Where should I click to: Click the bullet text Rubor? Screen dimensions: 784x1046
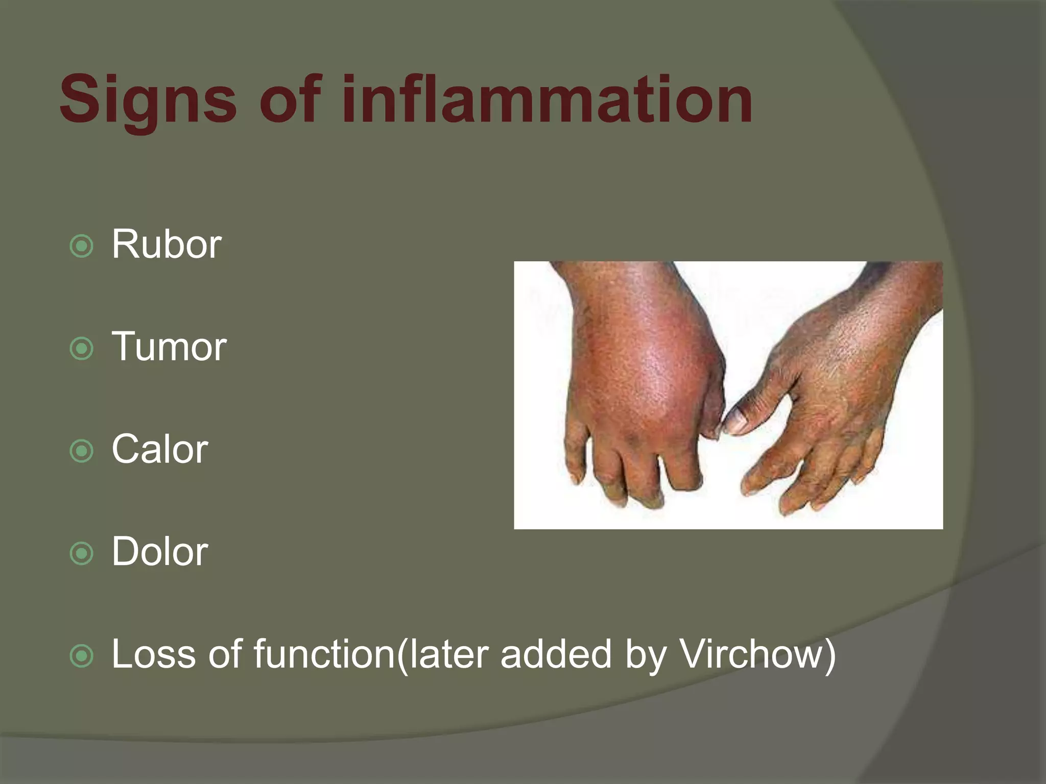(x=167, y=244)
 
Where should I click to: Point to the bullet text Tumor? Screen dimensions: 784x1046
(x=169, y=347)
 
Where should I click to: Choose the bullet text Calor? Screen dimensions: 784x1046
(x=160, y=450)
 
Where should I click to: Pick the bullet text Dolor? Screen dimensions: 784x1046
(x=160, y=552)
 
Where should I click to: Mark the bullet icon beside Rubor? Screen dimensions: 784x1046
(x=82, y=247)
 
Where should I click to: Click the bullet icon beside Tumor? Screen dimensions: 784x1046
(x=82, y=349)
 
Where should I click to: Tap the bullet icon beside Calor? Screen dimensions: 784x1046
(x=82, y=451)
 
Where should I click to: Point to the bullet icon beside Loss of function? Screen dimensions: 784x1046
(x=82, y=656)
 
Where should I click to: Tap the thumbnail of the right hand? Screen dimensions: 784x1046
(x=734, y=422)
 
